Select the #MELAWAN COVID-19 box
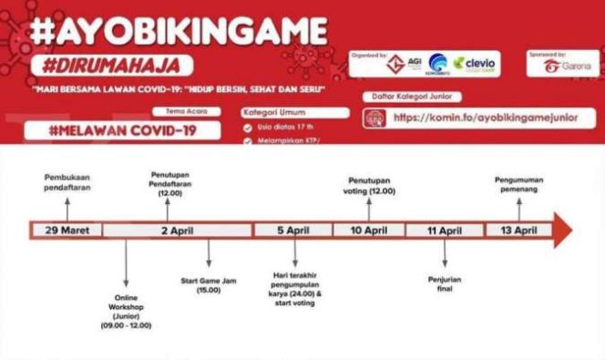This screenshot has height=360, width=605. click(124, 129)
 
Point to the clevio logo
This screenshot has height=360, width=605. click(477, 65)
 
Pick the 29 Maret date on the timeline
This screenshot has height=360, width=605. click(67, 231)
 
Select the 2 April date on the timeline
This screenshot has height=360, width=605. click(178, 231)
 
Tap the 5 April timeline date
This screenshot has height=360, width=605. click(292, 231)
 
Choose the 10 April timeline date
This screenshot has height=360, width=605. click(368, 231)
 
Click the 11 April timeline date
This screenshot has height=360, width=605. click(444, 231)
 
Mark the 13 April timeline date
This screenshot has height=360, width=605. click(518, 231)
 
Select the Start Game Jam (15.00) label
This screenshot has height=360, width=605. click(209, 286)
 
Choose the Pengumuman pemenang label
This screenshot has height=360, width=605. click(519, 185)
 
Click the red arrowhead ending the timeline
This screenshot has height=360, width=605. click(562, 231)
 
